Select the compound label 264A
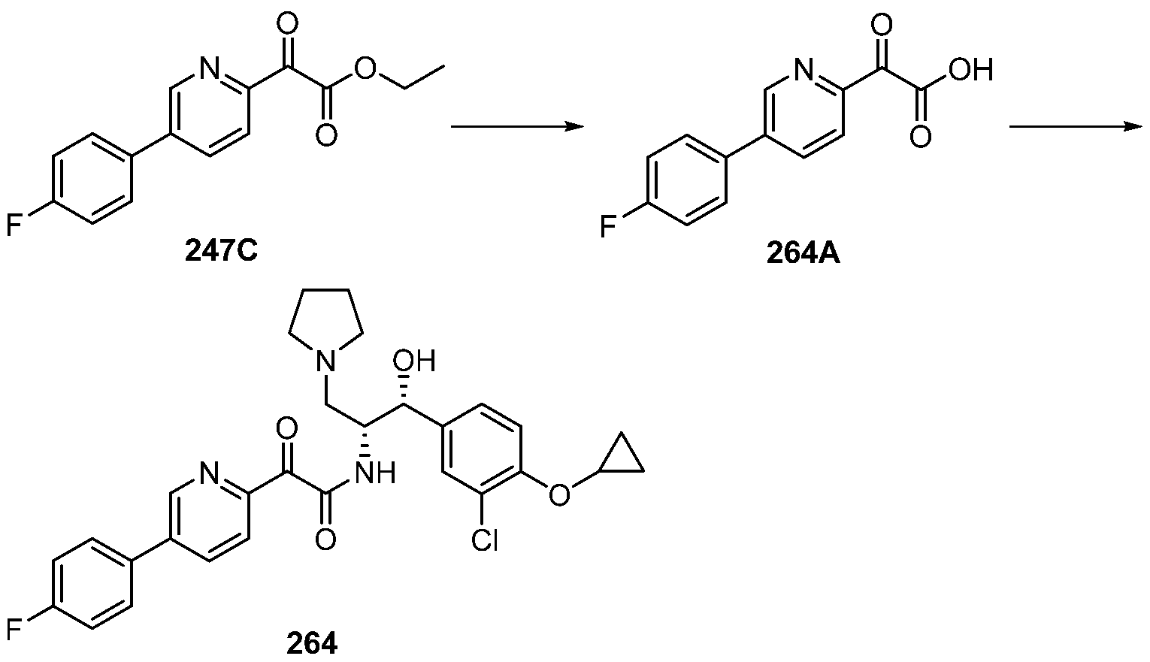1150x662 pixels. [803, 254]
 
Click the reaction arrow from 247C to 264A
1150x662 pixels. [517, 127]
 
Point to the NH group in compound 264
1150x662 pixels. [376, 473]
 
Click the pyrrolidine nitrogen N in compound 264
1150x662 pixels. [325, 363]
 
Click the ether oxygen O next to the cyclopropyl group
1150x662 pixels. [558, 494]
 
